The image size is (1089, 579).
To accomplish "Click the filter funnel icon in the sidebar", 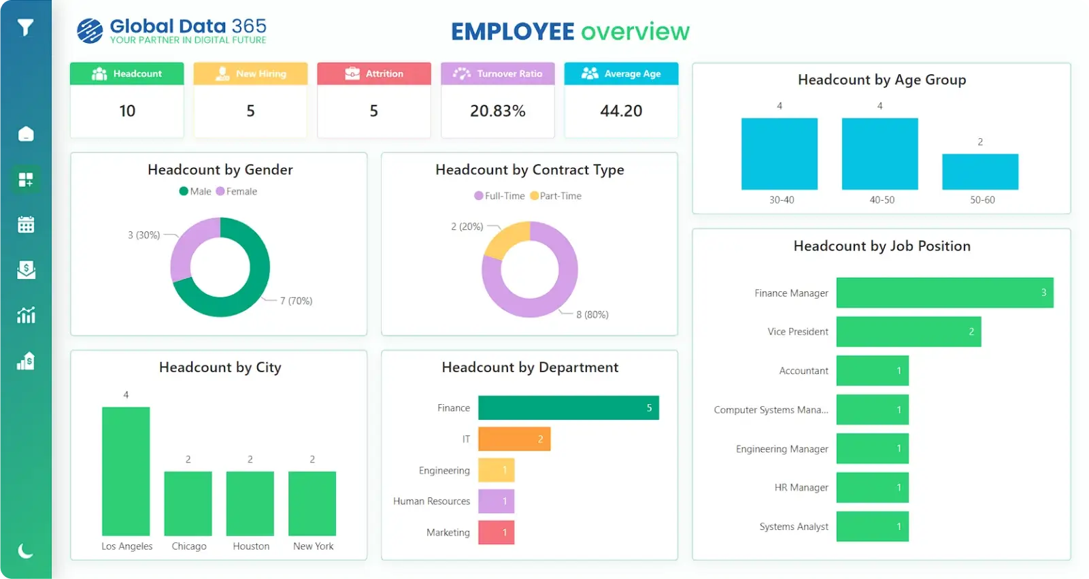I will tap(25, 27).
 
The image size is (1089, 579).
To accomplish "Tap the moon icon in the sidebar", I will tap(25, 550).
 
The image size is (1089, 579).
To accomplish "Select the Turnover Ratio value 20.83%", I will tap(497, 111).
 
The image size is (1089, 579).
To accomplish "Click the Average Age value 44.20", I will tap(620, 111).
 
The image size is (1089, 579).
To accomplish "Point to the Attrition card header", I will tap(374, 73).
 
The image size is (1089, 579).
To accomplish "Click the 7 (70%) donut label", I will tap(296, 301).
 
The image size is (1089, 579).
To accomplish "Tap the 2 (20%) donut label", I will tap(467, 227).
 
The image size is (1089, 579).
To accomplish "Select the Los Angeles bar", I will tap(126, 471).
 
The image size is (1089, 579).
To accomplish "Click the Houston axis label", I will tap(251, 546).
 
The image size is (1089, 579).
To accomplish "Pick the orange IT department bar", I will tap(514, 439).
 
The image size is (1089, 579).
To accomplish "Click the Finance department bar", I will tap(568, 408).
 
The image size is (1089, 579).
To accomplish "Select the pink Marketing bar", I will tap(496, 532).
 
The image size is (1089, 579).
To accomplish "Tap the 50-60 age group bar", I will tap(979, 171).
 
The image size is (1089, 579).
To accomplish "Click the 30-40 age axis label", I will tap(782, 200).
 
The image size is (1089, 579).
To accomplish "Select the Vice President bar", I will tap(908, 331).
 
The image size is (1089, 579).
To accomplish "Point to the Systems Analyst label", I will tap(794, 527).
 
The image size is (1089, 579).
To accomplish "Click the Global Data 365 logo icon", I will tap(90, 31).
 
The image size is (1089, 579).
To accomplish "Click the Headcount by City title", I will tap(220, 367).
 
